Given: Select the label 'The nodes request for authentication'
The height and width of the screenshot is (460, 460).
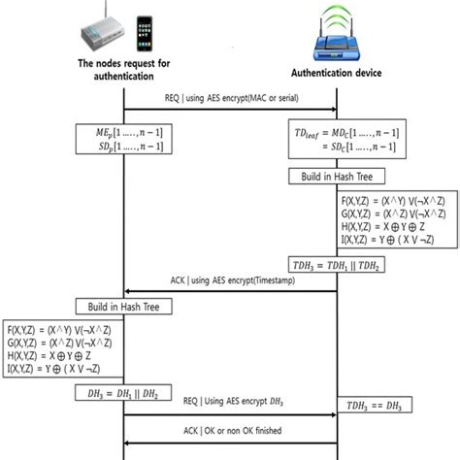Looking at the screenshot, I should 124,71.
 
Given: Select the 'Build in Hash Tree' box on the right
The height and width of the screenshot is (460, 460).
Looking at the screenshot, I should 338,177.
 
